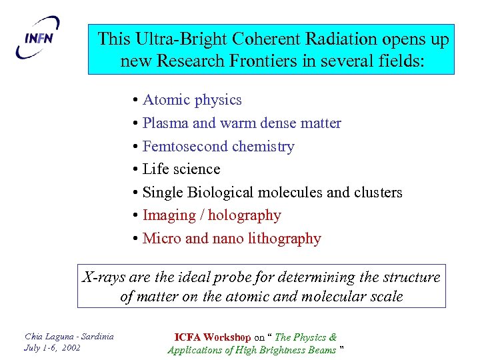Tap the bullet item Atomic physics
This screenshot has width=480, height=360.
pos(192,100)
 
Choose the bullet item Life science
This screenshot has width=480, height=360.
pos(181,169)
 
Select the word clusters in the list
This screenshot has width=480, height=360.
pos(378,193)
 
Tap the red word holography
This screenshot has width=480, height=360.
pos(245,215)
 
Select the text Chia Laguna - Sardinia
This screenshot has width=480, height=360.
pos(69,336)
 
